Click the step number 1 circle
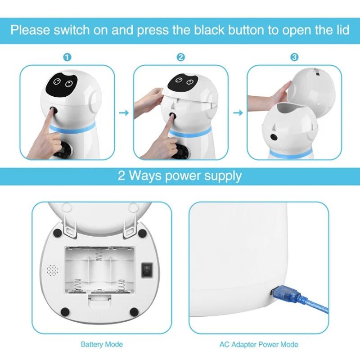click(x=67, y=57)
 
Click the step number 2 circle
click(x=180, y=57)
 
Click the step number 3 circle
click(x=294, y=57)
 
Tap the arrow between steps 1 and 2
click(x=124, y=112)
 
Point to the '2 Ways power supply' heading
click(x=180, y=175)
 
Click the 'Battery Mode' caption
click(x=101, y=345)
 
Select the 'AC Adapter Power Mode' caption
click(x=259, y=345)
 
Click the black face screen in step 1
click(x=62, y=82)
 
